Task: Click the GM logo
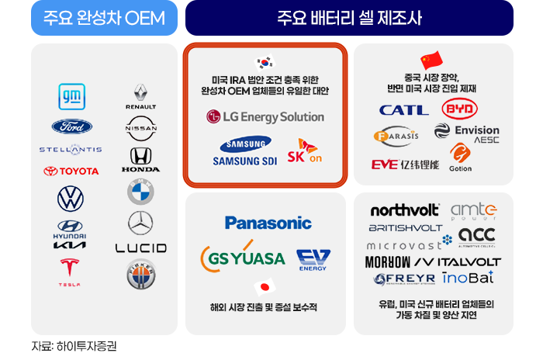71,96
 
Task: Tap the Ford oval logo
71,126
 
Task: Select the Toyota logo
71,171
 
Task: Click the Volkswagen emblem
71,199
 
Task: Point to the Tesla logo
71,272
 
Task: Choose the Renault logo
140,97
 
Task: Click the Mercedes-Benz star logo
140,223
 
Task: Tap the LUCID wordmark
140,248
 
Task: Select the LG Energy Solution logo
265,116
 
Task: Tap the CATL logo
403,109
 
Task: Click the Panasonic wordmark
268,223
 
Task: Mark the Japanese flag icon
265,288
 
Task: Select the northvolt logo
405,210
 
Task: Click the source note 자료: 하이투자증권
74,346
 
